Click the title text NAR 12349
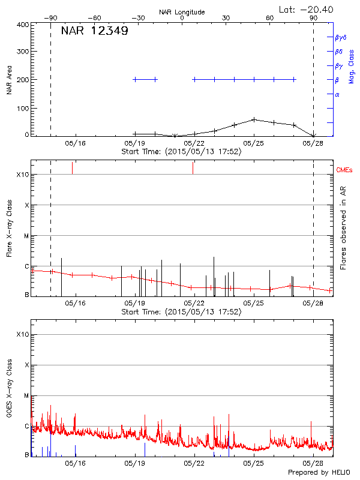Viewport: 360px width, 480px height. tap(95, 31)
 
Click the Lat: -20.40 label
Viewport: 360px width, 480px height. tap(307, 10)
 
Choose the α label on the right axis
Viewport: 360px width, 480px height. tap(337, 94)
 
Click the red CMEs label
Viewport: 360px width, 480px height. tap(344, 171)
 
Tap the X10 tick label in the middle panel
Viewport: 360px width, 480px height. tap(23, 175)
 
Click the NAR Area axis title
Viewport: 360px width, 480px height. tap(9, 80)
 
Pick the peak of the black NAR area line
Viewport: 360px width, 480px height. tap(254, 119)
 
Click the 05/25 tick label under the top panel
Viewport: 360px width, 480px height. tap(254, 143)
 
